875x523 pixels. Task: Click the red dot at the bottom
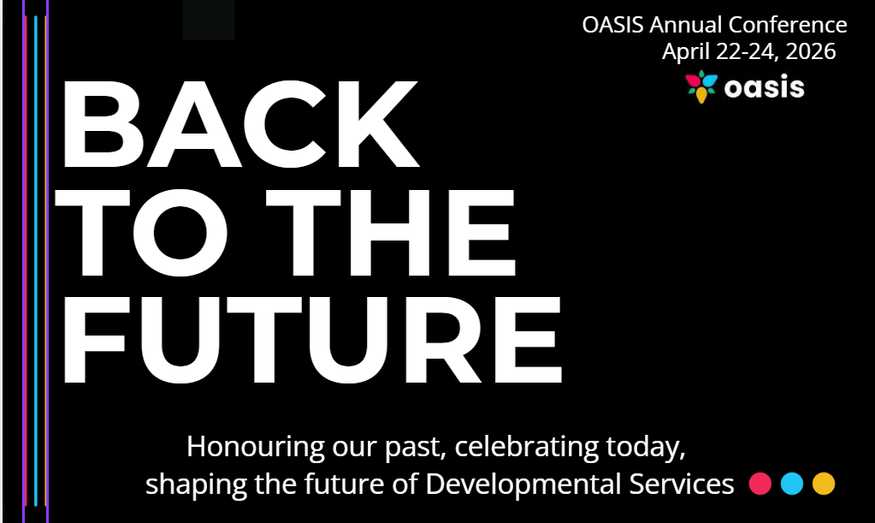760,484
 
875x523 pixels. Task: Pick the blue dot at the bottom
792,484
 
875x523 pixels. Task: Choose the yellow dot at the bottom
823,484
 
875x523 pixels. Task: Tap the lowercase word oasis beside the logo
764,88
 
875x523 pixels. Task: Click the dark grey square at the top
209,19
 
